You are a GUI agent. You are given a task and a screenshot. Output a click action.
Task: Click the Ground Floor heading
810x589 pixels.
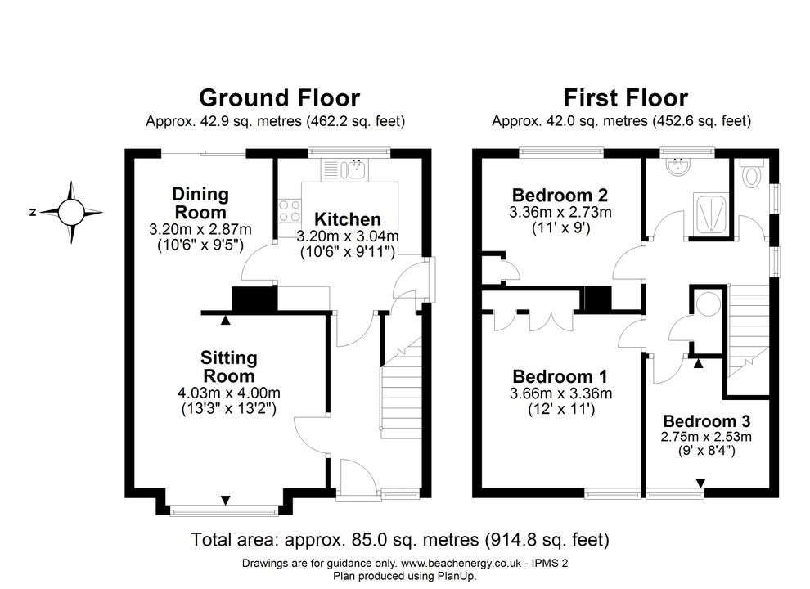pyautogui.click(x=280, y=97)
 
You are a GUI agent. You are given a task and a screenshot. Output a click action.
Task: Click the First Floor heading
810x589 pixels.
pyautogui.click(x=626, y=97)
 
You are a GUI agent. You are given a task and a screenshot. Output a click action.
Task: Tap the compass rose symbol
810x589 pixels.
pyautogui.click(x=70, y=213)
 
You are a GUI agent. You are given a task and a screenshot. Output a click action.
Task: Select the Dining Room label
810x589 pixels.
pyautogui.click(x=200, y=203)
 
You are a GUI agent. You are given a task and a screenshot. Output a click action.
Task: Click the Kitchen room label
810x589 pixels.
pyautogui.click(x=347, y=219)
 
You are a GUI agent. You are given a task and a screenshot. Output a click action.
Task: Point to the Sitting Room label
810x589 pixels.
pyautogui.click(x=229, y=366)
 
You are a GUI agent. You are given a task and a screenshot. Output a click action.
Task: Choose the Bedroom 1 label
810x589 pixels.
pyautogui.click(x=560, y=376)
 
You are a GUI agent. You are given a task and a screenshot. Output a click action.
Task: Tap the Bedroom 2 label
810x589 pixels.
pyautogui.click(x=560, y=195)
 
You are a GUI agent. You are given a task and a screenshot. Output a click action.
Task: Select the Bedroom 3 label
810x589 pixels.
pyautogui.click(x=706, y=421)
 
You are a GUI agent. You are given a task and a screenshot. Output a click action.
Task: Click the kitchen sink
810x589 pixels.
pyautogui.click(x=345, y=169)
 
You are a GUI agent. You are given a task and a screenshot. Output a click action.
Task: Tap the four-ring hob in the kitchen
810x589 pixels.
pyautogui.click(x=290, y=211)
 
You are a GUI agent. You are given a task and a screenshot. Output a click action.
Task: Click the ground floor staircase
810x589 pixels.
pyautogui.click(x=402, y=388)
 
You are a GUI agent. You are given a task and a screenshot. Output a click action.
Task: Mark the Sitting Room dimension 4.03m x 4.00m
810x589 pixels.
pyautogui.click(x=229, y=393)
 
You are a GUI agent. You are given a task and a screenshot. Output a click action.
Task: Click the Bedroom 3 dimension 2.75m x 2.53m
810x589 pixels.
pyautogui.click(x=706, y=437)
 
